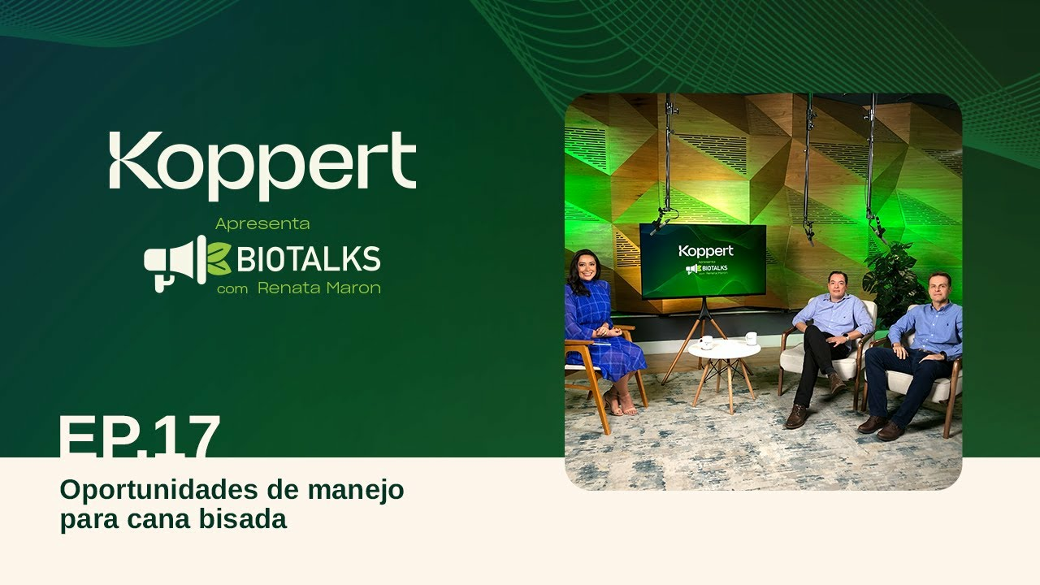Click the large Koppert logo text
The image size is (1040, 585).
(x=262, y=166)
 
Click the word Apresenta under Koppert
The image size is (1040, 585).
(x=262, y=223)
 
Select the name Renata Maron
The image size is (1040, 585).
(x=318, y=288)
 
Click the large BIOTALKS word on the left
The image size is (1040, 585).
(x=308, y=259)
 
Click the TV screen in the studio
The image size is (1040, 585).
(x=702, y=260)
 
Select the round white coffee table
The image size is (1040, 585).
(x=724, y=349)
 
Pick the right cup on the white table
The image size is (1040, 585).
(x=751, y=338)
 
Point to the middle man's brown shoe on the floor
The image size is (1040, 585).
(x=796, y=417)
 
